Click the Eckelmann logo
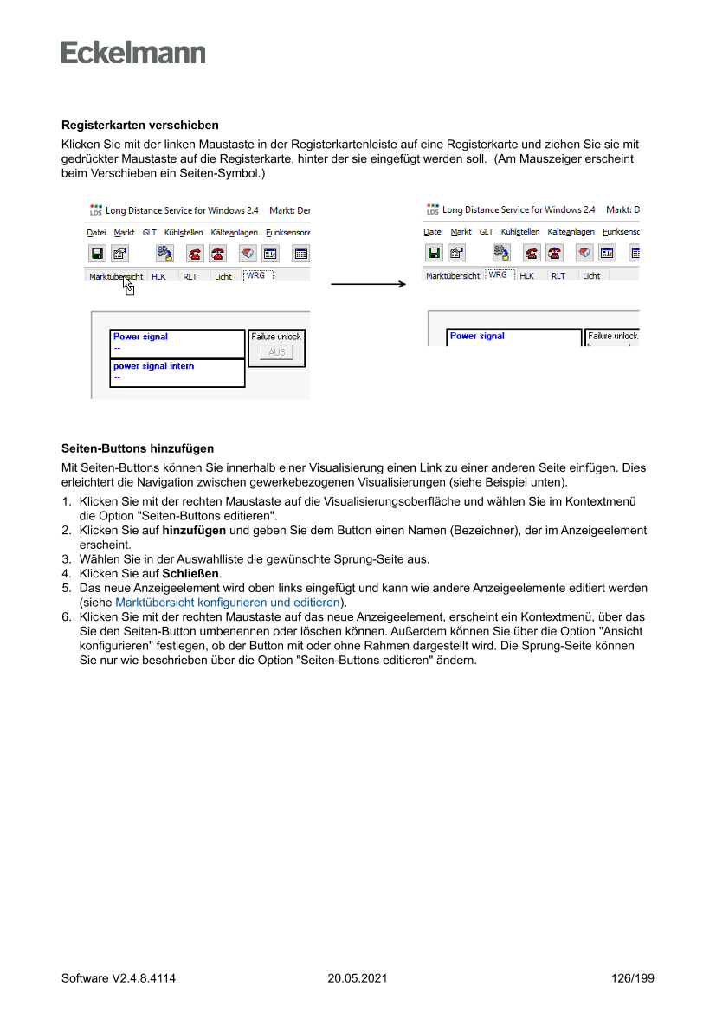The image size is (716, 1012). coord(133,53)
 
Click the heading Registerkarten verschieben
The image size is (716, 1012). coord(139,126)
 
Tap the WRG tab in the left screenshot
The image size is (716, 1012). coord(256,275)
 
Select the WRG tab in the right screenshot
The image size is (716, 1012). coord(498,274)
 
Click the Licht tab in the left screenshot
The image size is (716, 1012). coord(223,277)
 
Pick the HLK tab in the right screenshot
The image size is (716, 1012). coord(526,276)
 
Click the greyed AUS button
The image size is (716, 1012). coord(276,352)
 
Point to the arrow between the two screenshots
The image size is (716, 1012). coord(368,283)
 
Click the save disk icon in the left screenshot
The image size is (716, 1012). coord(97,254)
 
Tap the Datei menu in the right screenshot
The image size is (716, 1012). coord(433,232)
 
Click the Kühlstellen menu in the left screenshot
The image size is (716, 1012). coord(184,233)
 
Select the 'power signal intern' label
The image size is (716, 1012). coord(153,366)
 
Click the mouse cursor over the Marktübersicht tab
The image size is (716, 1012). coord(128,286)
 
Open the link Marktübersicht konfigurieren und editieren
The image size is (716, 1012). coord(228,602)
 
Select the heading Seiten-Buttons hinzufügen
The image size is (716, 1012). coord(138,448)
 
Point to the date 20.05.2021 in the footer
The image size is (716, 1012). coord(358,978)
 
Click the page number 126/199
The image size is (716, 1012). coord(632,978)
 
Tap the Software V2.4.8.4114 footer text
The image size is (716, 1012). coord(119,978)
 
